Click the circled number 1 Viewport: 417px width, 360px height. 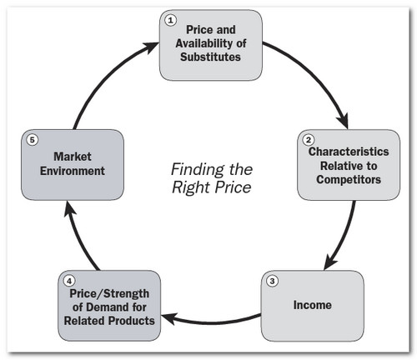click(171, 19)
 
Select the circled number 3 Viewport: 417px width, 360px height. click(272, 279)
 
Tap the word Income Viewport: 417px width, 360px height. click(312, 305)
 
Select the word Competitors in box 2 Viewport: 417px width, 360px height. click(343, 180)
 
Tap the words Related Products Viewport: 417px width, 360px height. click(112, 322)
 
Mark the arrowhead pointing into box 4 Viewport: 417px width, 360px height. click(166, 317)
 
